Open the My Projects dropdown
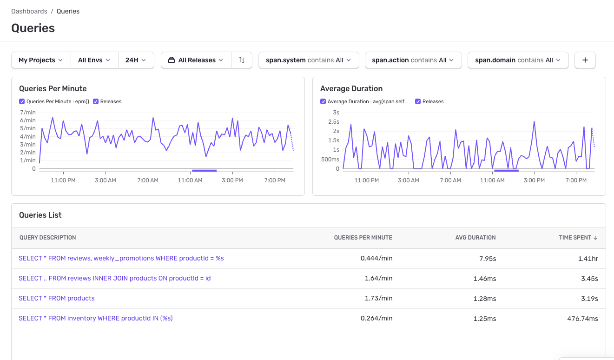(41, 60)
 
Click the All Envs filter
(94, 60)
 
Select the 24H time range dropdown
(136, 60)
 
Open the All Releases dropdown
(196, 60)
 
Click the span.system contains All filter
(309, 60)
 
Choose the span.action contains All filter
(413, 60)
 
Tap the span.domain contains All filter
(518, 60)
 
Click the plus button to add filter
(585, 60)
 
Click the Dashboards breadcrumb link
(29, 11)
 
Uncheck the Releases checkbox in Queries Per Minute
(96, 101)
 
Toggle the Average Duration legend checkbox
(323, 101)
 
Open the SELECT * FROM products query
(57, 298)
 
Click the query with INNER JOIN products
(115, 278)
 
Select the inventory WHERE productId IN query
(96, 318)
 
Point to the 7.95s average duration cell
(487, 258)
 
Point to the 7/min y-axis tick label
(27, 113)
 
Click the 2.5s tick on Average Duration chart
(333, 122)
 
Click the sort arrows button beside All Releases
(241, 60)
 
